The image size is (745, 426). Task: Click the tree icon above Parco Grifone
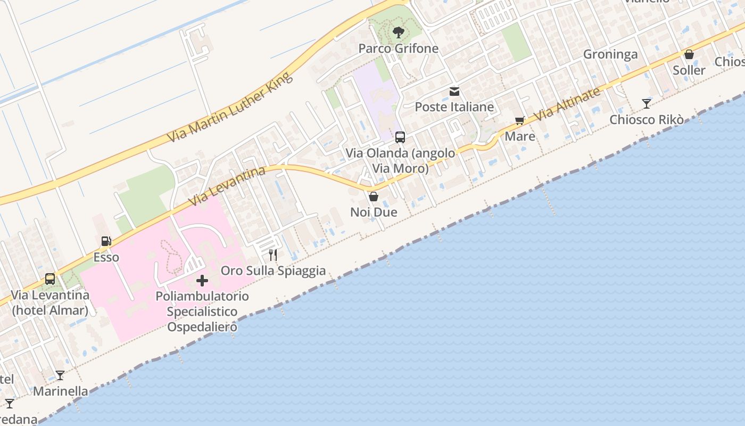click(x=398, y=33)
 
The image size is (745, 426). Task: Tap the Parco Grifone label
click(x=398, y=48)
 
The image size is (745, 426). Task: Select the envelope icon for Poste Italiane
click(x=454, y=92)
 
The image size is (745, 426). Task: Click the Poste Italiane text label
click(x=454, y=107)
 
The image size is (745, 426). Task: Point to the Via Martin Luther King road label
click(x=230, y=107)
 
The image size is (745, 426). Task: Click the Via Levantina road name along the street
click(x=227, y=186)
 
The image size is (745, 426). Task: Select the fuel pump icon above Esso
click(x=106, y=241)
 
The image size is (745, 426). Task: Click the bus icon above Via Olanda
click(x=400, y=137)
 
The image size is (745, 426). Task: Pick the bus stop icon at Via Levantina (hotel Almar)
click(x=50, y=278)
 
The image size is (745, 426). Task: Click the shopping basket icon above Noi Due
click(x=374, y=196)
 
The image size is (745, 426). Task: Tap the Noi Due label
click(x=374, y=212)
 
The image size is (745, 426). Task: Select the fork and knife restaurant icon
click(x=273, y=255)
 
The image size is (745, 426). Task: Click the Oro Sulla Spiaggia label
click(x=273, y=271)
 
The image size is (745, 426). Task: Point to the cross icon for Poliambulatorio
click(x=202, y=281)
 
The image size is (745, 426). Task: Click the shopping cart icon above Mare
click(x=520, y=121)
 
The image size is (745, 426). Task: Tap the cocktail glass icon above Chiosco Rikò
click(x=647, y=104)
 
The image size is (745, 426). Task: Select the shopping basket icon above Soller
click(x=689, y=54)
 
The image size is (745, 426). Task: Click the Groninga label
click(x=610, y=54)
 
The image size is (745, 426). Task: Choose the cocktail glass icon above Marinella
click(x=60, y=375)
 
